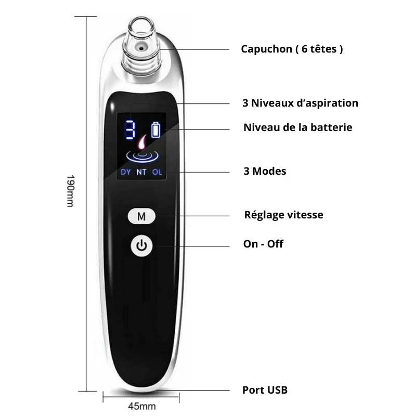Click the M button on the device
[141, 216]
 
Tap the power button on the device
[141, 245]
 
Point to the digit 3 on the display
[130, 129]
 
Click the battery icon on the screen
[155, 129]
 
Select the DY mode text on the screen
[126, 172]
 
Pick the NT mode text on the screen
[141, 172]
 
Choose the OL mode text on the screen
[157, 172]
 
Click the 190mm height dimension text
[70, 191]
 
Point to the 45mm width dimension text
[142, 406]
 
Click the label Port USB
[265, 390]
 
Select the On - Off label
[263, 244]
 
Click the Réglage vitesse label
[283, 215]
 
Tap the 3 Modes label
[265, 171]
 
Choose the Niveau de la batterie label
[297, 127]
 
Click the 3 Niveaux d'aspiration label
[301, 103]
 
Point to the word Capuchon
[266, 49]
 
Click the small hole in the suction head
[141, 48]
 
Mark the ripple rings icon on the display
[142, 156]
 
